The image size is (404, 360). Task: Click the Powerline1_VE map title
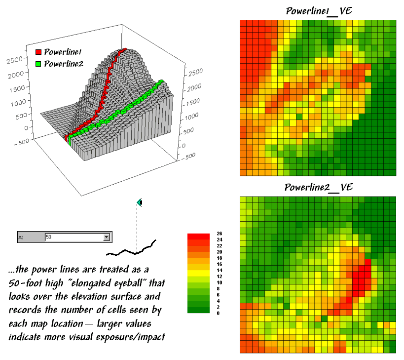pos(319,10)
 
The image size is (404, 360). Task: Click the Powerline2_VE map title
pos(319,187)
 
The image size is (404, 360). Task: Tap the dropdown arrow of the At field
pos(106,238)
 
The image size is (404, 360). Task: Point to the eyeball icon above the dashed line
pos(140,202)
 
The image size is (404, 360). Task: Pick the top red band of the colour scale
pos(199,236)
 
